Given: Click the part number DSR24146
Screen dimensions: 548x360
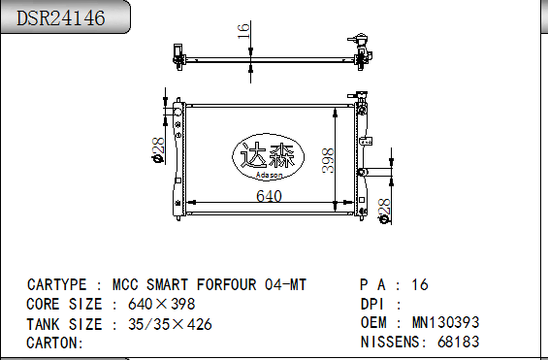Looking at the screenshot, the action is tap(60, 17).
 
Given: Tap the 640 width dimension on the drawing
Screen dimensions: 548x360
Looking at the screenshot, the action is tap(269, 196).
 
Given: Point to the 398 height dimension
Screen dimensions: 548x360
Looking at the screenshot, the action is tap(328, 160).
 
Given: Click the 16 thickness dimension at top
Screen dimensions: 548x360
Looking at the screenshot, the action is tap(243, 31).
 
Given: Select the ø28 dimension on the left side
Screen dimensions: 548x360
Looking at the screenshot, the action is tap(158, 150).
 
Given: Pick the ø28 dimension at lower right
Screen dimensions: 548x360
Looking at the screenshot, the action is tap(384, 212).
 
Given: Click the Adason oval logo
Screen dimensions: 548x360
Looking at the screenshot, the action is tap(268, 157).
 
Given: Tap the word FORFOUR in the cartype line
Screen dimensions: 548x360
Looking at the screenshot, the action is tap(226, 284).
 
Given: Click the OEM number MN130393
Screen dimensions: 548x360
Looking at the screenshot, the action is tap(445, 322).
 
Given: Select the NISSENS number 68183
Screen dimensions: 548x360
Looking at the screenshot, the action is tap(458, 342).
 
